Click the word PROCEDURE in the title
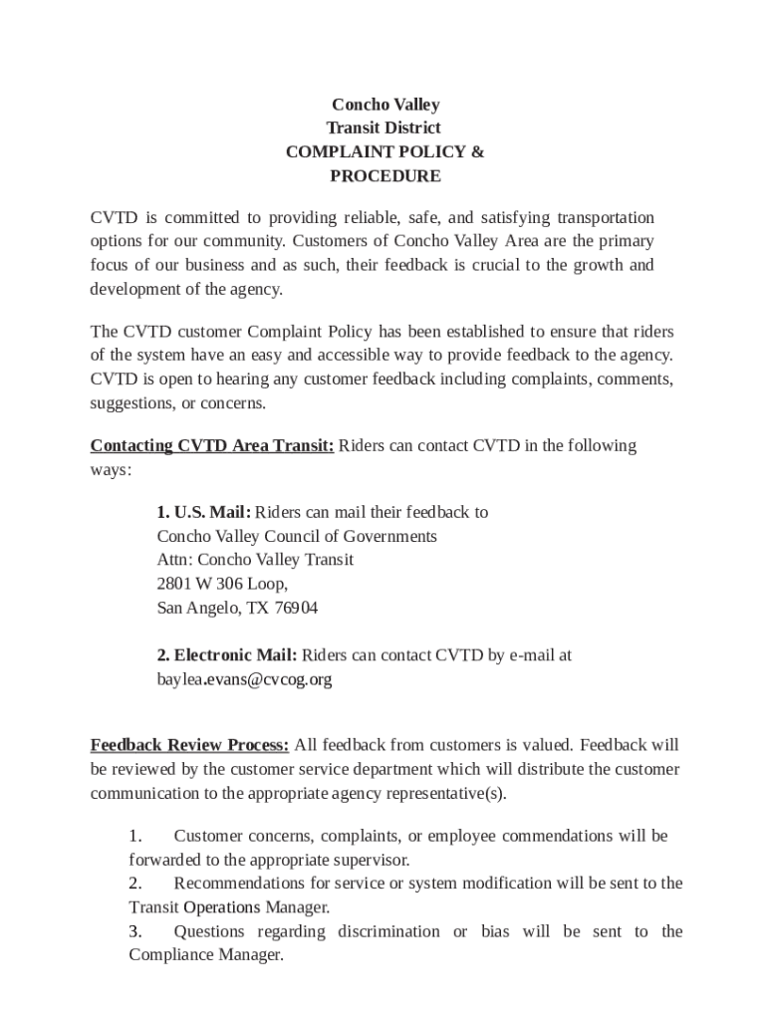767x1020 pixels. [x=384, y=176]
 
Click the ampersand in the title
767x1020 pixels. [x=477, y=152]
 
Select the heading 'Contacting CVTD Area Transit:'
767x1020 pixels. [x=212, y=445]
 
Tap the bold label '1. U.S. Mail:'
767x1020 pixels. [x=203, y=512]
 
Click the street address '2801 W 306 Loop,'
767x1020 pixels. [x=222, y=584]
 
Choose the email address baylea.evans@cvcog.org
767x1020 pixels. [x=244, y=679]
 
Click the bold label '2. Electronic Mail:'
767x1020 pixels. [x=227, y=655]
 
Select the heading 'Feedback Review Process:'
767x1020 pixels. [x=190, y=744]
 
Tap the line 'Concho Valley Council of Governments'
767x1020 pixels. [x=297, y=536]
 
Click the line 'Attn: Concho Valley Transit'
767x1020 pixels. [x=255, y=560]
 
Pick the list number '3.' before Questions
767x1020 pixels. [x=135, y=931]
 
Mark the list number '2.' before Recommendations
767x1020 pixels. [x=135, y=884]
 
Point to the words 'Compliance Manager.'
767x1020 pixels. [x=206, y=955]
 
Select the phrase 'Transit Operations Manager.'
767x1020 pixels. [x=229, y=907]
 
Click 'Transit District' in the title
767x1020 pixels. [x=383, y=128]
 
